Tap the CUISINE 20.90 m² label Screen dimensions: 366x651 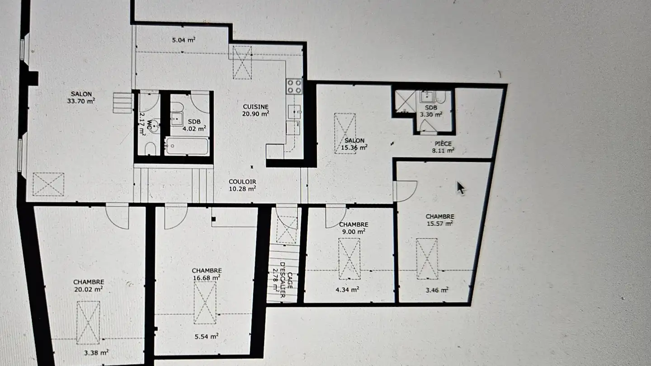[x=256, y=110]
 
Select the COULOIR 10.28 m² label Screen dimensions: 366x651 [x=242, y=184]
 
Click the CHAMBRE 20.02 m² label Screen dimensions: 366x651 [x=89, y=285]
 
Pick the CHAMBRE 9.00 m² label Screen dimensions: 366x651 [x=353, y=227]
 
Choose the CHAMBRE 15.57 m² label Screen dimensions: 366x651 [x=439, y=220]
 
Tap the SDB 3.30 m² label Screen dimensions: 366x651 [x=431, y=111]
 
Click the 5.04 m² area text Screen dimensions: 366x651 [x=184, y=40]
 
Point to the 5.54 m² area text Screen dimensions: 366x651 [x=208, y=336]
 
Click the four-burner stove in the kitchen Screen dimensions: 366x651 [x=294, y=86]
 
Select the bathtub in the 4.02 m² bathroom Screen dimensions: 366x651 [x=187, y=146]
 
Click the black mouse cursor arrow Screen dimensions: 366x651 [x=460, y=188]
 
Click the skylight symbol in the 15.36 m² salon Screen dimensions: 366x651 [x=344, y=133]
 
